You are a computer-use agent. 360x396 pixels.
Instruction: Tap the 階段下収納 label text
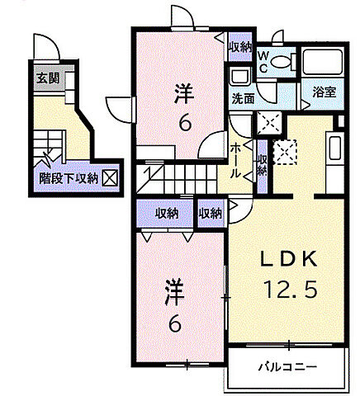pyautogui.click(x=69, y=177)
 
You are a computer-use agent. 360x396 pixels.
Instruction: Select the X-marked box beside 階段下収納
pyautogui.click(x=109, y=177)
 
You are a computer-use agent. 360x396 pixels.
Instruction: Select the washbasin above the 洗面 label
pyautogui.click(x=240, y=77)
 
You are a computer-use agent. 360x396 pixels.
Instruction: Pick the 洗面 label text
pyautogui.click(x=242, y=97)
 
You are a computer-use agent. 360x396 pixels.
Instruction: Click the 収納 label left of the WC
pyautogui.click(x=240, y=47)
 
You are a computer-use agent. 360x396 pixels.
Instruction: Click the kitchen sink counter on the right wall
pyautogui.click(x=334, y=151)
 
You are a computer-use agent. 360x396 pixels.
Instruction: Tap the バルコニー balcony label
pyautogui.click(x=286, y=365)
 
